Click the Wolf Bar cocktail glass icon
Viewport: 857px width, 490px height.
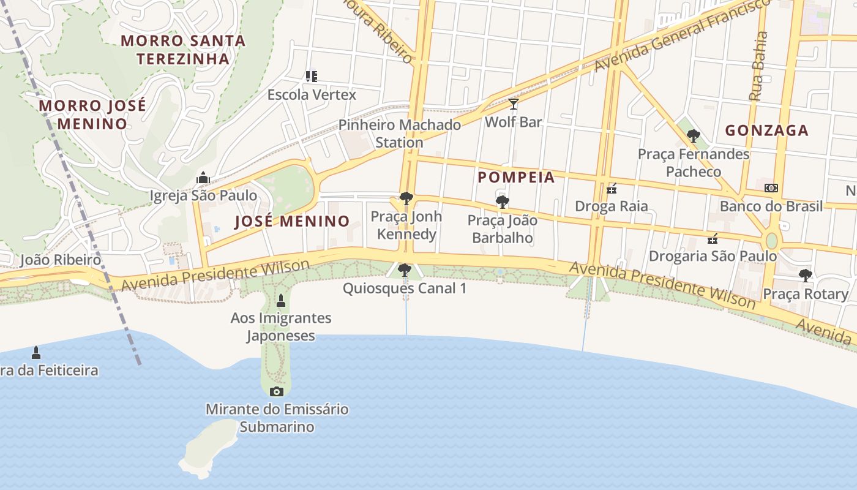click(x=513, y=104)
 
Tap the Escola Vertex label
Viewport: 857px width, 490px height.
click(x=312, y=95)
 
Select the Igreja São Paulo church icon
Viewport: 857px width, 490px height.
click(x=203, y=178)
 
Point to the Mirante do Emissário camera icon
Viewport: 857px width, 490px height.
click(x=277, y=391)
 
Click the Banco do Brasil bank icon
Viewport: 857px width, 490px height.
click(x=771, y=188)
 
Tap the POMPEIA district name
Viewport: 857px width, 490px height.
click(x=516, y=178)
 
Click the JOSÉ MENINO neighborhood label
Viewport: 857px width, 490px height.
click(x=292, y=222)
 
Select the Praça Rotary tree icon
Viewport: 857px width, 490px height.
click(x=806, y=276)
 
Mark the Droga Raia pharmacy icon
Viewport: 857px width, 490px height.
click(x=611, y=189)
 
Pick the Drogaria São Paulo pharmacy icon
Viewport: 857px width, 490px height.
click(x=713, y=238)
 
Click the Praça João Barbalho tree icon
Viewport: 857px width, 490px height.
click(x=502, y=202)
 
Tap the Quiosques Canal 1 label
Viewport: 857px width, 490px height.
click(x=404, y=288)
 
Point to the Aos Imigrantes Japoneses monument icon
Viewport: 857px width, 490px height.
click(x=281, y=300)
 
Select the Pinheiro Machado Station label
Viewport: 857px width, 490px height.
click(x=400, y=134)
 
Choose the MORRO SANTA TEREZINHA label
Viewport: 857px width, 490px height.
click(x=183, y=50)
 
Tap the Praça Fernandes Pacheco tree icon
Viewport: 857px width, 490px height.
click(x=693, y=136)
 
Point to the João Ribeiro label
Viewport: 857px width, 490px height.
click(x=60, y=260)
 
